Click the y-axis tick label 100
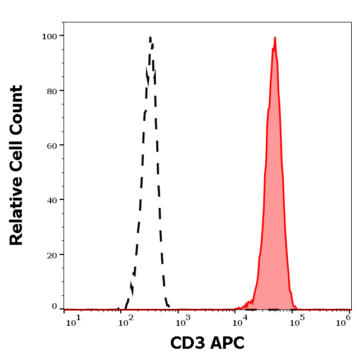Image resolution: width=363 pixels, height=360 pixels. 49,36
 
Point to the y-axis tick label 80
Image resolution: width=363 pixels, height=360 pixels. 52,90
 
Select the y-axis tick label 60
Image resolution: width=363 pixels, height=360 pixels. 52,145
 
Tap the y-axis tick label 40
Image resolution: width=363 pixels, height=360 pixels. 52,200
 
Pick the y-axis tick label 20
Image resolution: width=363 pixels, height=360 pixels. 52,254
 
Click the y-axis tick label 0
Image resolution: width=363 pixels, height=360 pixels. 55,307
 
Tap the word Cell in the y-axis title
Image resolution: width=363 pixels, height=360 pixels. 16,159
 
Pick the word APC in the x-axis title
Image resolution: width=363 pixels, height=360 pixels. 227,343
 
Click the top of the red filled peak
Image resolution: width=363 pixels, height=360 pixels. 275,38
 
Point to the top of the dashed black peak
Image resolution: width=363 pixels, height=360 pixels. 151,38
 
